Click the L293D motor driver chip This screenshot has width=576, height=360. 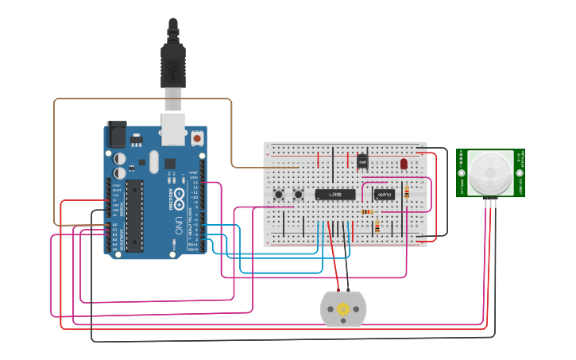pyautogui.click(x=329, y=193)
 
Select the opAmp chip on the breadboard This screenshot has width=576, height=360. pyautogui.click(x=384, y=193)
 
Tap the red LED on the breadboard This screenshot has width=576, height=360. pyautogui.click(x=404, y=164)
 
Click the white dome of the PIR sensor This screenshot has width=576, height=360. pyautogui.click(x=489, y=172)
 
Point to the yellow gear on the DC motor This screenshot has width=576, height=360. pyautogui.click(x=343, y=309)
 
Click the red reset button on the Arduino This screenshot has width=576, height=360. pyautogui.click(x=196, y=138)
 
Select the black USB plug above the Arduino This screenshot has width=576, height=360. pyautogui.click(x=172, y=64)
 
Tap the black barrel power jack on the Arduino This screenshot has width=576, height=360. pyautogui.click(x=116, y=134)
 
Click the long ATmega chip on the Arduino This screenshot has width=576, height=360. pyautogui.click(x=133, y=215)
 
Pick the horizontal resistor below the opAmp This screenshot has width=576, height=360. pyautogui.click(x=367, y=211)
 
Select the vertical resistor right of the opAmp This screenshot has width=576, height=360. pyautogui.click(x=408, y=192)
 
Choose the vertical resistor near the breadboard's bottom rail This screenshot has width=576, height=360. pyautogui.click(x=377, y=228)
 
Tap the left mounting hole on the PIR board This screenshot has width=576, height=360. pyautogui.click(x=462, y=172)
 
